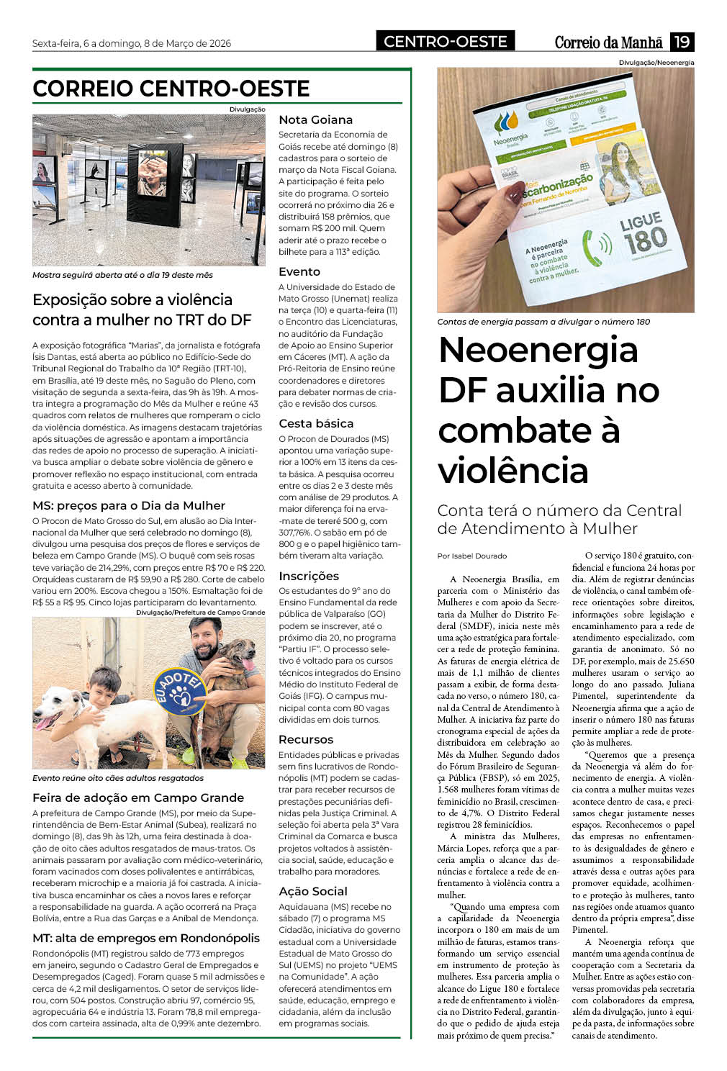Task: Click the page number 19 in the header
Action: [x=682, y=42]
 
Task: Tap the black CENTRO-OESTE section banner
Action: [x=445, y=42]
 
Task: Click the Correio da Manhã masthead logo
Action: [x=608, y=42]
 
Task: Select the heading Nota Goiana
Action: [x=315, y=120]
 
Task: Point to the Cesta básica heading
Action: [x=316, y=424]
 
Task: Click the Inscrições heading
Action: [x=309, y=576]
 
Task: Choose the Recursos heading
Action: [x=306, y=740]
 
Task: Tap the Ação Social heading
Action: [x=313, y=892]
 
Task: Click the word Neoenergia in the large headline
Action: [x=538, y=351]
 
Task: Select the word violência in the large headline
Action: [x=513, y=471]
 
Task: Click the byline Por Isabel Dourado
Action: [x=472, y=556]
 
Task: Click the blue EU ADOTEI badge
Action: [x=179, y=692]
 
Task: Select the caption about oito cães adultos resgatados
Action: [x=118, y=778]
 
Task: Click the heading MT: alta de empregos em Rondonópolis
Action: [x=146, y=939]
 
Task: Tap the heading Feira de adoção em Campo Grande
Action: [x=138, y=797]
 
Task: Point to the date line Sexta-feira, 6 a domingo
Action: [x=132, y=43]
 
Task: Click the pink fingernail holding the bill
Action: [x=513, y=192]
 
